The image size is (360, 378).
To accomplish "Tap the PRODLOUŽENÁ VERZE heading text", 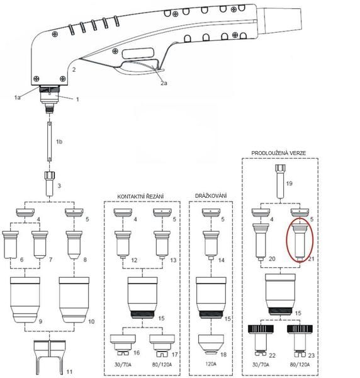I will (278, 152).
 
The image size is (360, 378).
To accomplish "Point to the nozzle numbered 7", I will (42, 243).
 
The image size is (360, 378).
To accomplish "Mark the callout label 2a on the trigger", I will (164, 83).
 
